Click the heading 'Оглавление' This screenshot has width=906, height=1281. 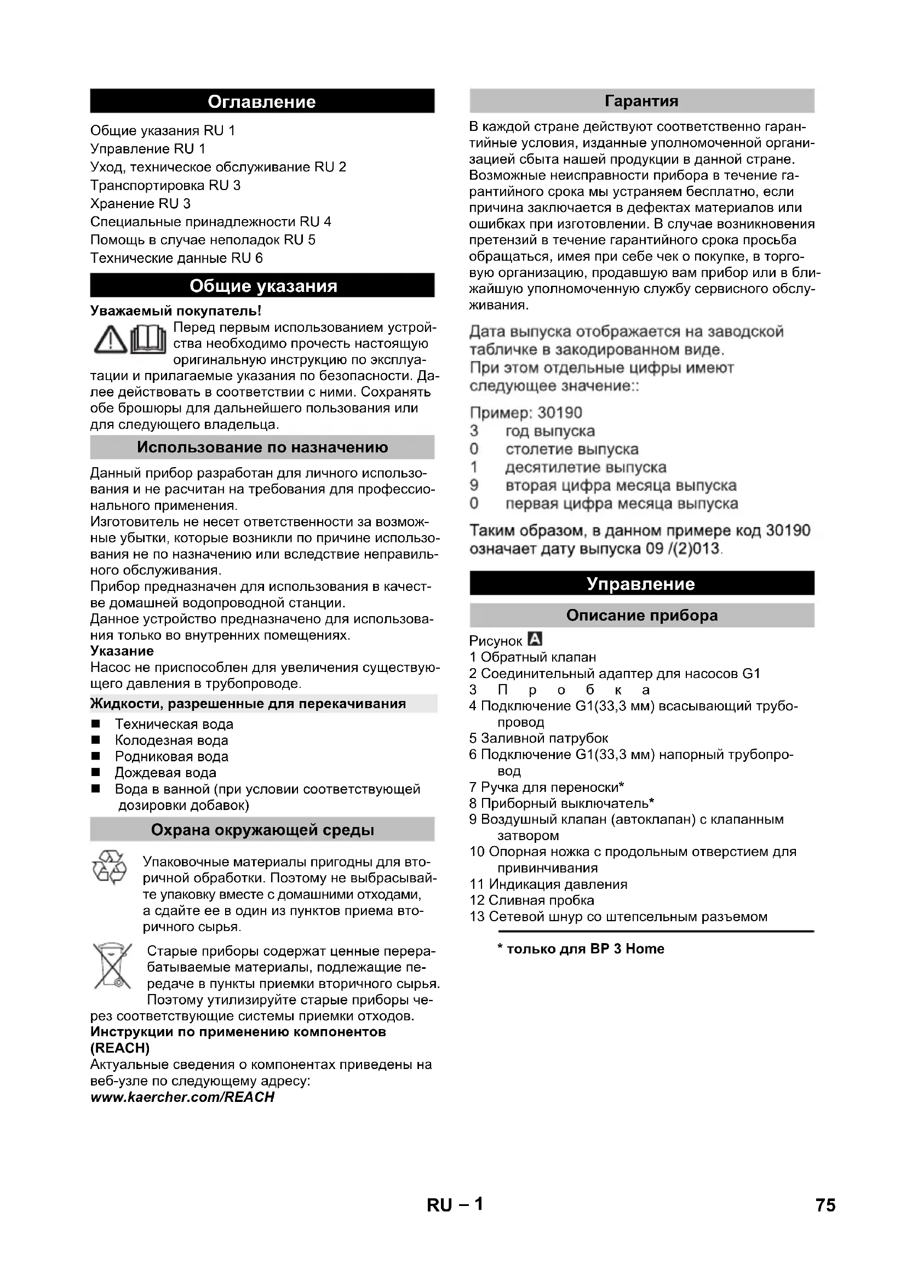[262, 101]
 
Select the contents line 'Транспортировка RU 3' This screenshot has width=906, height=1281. [165, 185]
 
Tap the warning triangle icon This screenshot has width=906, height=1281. [110, 339]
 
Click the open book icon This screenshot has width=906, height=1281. [148, 339]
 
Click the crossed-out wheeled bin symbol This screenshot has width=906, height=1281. [112, 966]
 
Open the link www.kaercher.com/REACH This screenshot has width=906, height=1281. [182, 1097]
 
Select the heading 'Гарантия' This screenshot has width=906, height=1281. [641, 101]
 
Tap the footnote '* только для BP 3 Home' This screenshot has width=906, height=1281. [581, 949]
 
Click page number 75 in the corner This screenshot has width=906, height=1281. [825, 1221]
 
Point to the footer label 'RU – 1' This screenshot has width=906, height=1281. [455, 1221]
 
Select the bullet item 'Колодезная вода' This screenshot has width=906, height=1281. [171, 740]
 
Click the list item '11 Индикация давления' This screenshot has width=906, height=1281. [548, 884]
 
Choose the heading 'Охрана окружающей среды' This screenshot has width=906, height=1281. [262, 830]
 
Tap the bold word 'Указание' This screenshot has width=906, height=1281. [122, 651]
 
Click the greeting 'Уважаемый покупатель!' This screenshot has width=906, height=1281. [176, 311]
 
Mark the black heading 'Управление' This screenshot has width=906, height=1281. [641, 584]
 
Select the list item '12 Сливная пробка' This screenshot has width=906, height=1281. [532, 900]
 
